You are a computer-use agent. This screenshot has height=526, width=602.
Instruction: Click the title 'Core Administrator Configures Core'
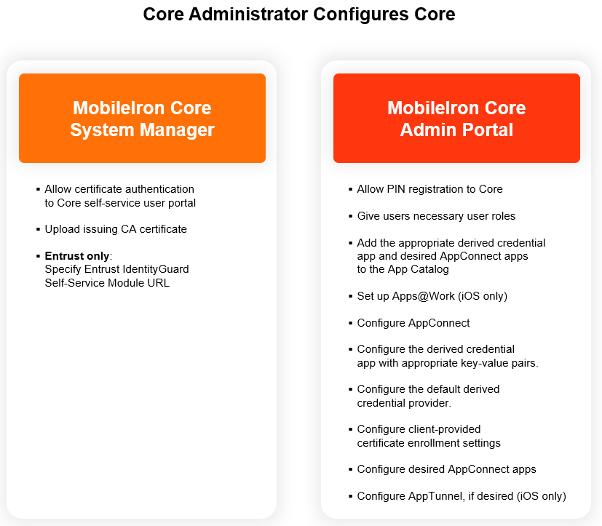pyautogui.click(x=298, y=15)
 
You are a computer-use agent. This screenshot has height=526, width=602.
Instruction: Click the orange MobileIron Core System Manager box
pyautogui.click(x=142, y=119)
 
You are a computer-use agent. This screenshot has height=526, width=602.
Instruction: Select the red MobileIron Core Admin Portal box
pyautogui.click(x=456, y=119)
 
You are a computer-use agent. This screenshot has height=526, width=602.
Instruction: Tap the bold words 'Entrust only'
pyautogui.click(x=77, y=256)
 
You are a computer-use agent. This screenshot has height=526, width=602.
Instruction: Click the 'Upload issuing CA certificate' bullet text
pyautogui.click(x=116, y=229)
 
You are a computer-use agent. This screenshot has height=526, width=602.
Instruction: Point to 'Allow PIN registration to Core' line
pyautogui.click(x=429, y=189)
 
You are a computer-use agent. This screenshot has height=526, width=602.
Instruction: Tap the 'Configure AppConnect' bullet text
pyautogui.click(x=413, y=323)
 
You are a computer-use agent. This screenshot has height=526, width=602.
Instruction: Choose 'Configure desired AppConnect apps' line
pyautogui.click(x=446, y=469)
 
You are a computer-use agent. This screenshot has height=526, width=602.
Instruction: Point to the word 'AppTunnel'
pyautogui.click(x=433, y=496)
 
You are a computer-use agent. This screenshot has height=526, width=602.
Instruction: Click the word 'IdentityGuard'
pyautogui.click(x=156, y=269)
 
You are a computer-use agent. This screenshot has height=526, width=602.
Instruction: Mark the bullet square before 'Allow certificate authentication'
pyautogui.click(x=38, y=189)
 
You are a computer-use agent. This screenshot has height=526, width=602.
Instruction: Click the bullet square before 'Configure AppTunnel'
pyautogui.click(x=350, y=496)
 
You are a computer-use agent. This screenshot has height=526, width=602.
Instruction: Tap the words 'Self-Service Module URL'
pyautogui.click(x=107, y=283)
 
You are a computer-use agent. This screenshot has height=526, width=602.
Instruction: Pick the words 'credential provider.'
pyautogui.click(x=405, y=403)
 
